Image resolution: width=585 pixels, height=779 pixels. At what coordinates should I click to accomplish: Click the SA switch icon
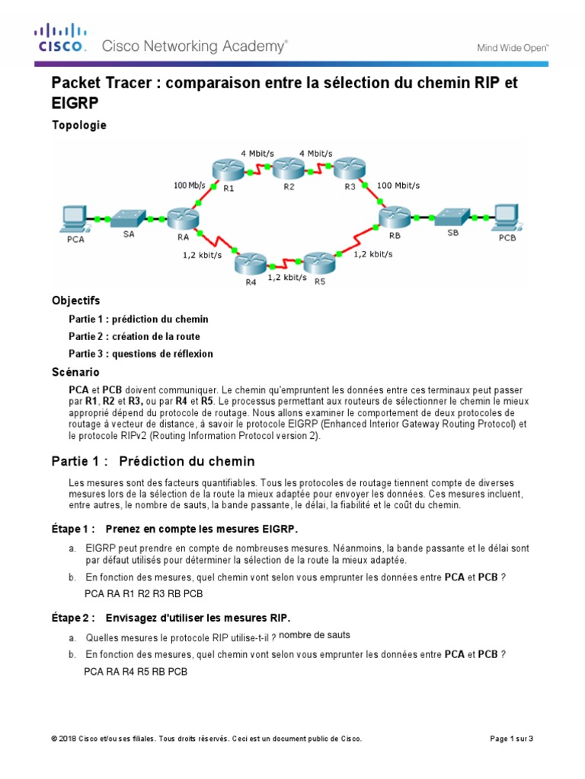pos(128,218)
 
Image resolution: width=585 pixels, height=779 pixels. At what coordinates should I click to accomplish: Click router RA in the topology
pos(181,219)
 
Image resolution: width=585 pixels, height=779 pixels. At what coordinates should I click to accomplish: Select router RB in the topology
pos(395,218)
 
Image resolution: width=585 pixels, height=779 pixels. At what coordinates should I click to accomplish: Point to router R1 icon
pos(225,170)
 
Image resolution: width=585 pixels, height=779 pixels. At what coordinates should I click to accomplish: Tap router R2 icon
pos(288,167)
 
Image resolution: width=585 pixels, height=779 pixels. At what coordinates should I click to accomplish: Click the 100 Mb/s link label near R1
pos(190,185)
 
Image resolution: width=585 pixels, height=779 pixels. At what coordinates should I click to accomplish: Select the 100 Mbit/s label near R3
pos(398,185)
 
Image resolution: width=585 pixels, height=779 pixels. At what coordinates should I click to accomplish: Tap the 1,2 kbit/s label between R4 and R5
pos(286,278)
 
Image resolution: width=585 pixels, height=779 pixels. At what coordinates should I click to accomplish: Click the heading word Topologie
pos(79,125)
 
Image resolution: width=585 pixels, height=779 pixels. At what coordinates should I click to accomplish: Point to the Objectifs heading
pos(75,300)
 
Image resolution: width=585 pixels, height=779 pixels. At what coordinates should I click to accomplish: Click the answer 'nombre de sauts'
pos(315,634)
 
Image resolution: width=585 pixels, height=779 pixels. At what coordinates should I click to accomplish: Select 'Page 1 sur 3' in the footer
pos(510,739)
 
